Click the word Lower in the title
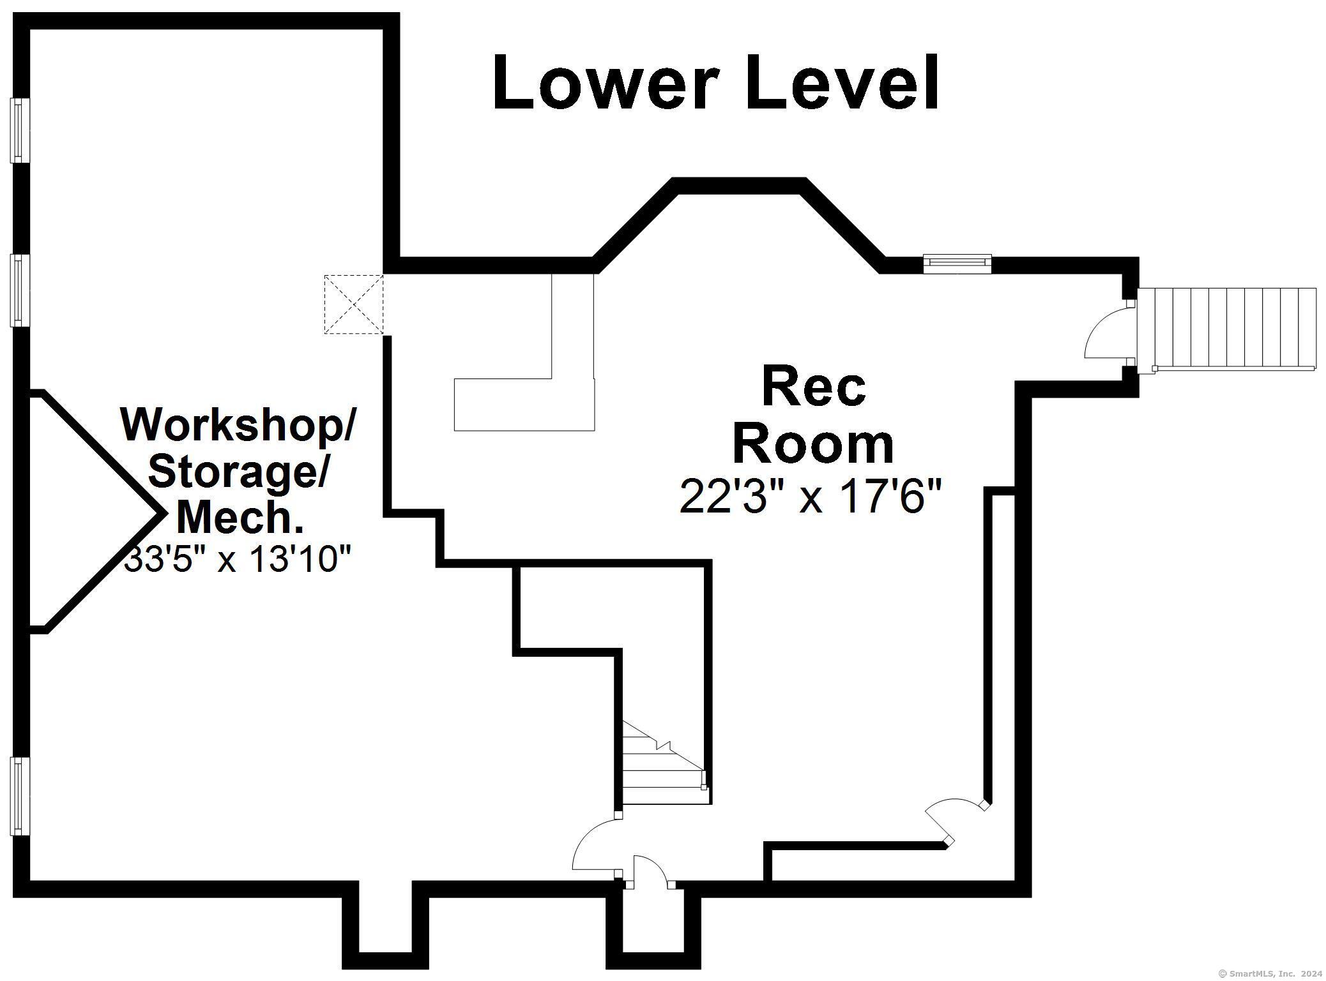pos(602,82)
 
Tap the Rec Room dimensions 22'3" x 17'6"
pos(811,497)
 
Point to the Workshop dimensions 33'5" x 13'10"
pos(237,559)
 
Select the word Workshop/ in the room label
pos(237,424)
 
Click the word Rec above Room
pos(814,387)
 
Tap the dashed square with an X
pos(354,304)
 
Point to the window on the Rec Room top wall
pos(957,264)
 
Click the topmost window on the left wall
pos(20,130)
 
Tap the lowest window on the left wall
pos(20,796)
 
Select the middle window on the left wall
pos(20,290)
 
